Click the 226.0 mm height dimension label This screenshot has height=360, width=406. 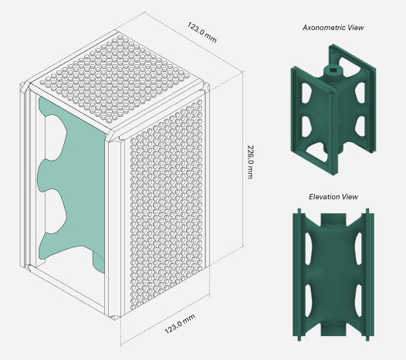tap(250, 162)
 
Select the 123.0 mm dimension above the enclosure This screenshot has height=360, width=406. tap(201, 32)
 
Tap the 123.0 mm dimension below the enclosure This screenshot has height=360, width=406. tap(180, 324)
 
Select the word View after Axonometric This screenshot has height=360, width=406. tap(356, 28)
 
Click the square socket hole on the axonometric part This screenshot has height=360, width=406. tap(333, 70)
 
